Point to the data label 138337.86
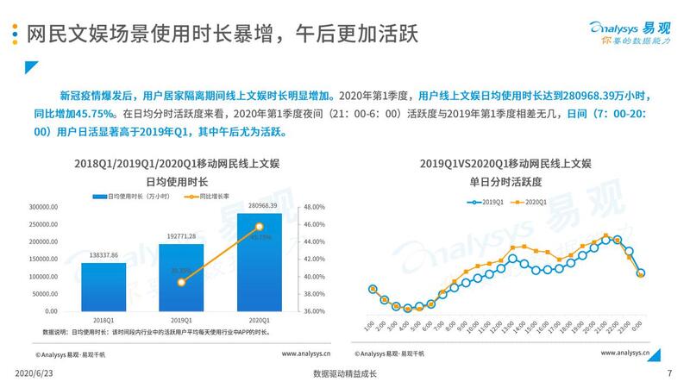[103, 255]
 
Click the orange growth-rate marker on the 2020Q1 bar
[260, 227]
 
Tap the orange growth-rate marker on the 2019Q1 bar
[181, 282]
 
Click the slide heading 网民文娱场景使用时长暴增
[147, 35]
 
